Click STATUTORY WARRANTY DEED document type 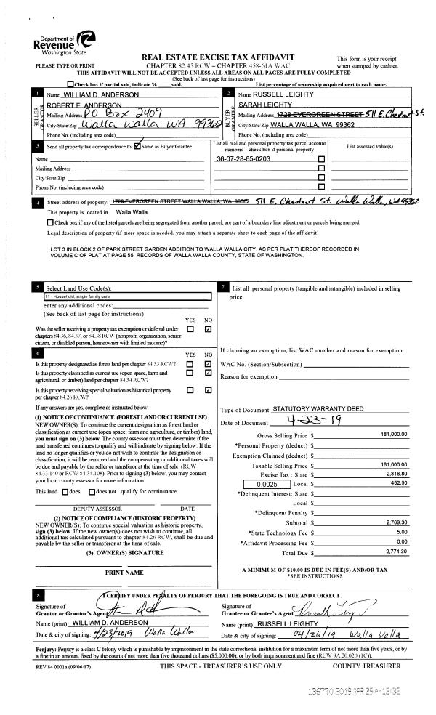pyautogui.click(x=318, y=409)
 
